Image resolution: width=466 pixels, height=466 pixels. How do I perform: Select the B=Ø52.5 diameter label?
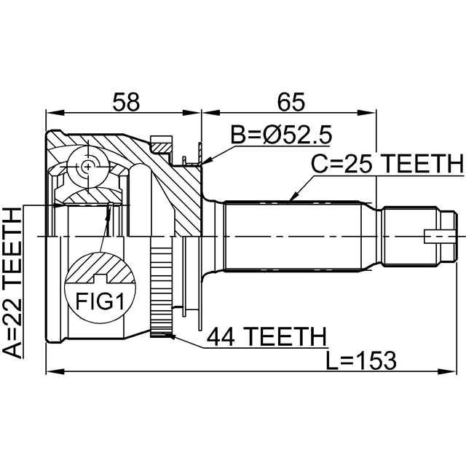[x=281, y=135]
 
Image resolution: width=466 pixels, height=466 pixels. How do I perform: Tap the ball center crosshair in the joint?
[x=87, y=167]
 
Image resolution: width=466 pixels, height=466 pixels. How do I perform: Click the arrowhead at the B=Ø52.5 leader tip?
[x=203, y=165]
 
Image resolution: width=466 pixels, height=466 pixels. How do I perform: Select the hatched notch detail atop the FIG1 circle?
[x=100, y=271]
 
